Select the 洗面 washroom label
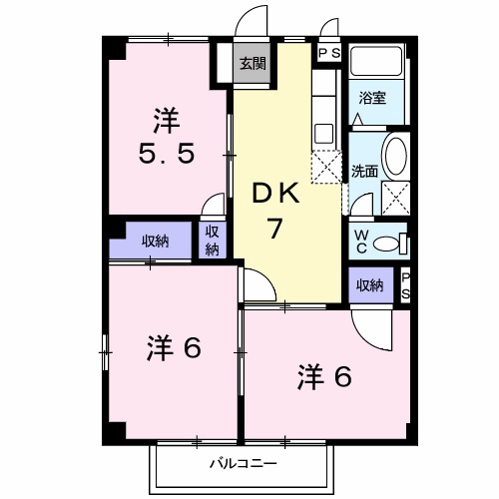click(x=363, y=171)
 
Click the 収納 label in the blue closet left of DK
click(x=154, y=241)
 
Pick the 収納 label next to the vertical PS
click(x=369, y=285)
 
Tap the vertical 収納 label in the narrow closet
click(x=213, y=240)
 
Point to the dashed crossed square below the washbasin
click(x=397, y=197)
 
